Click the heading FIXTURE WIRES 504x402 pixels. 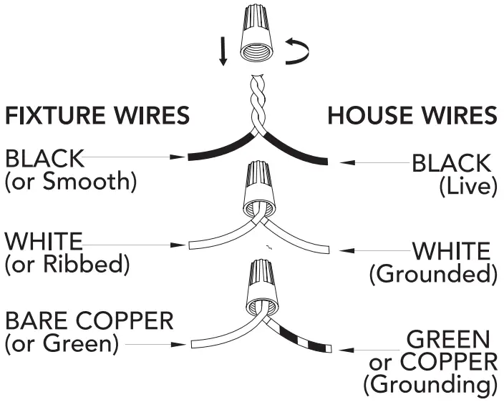[x=98, y=115]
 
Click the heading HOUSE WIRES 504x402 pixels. [x=412, y=115]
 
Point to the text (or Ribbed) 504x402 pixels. [x=67, y=265]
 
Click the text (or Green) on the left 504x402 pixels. [x=62, y=343]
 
